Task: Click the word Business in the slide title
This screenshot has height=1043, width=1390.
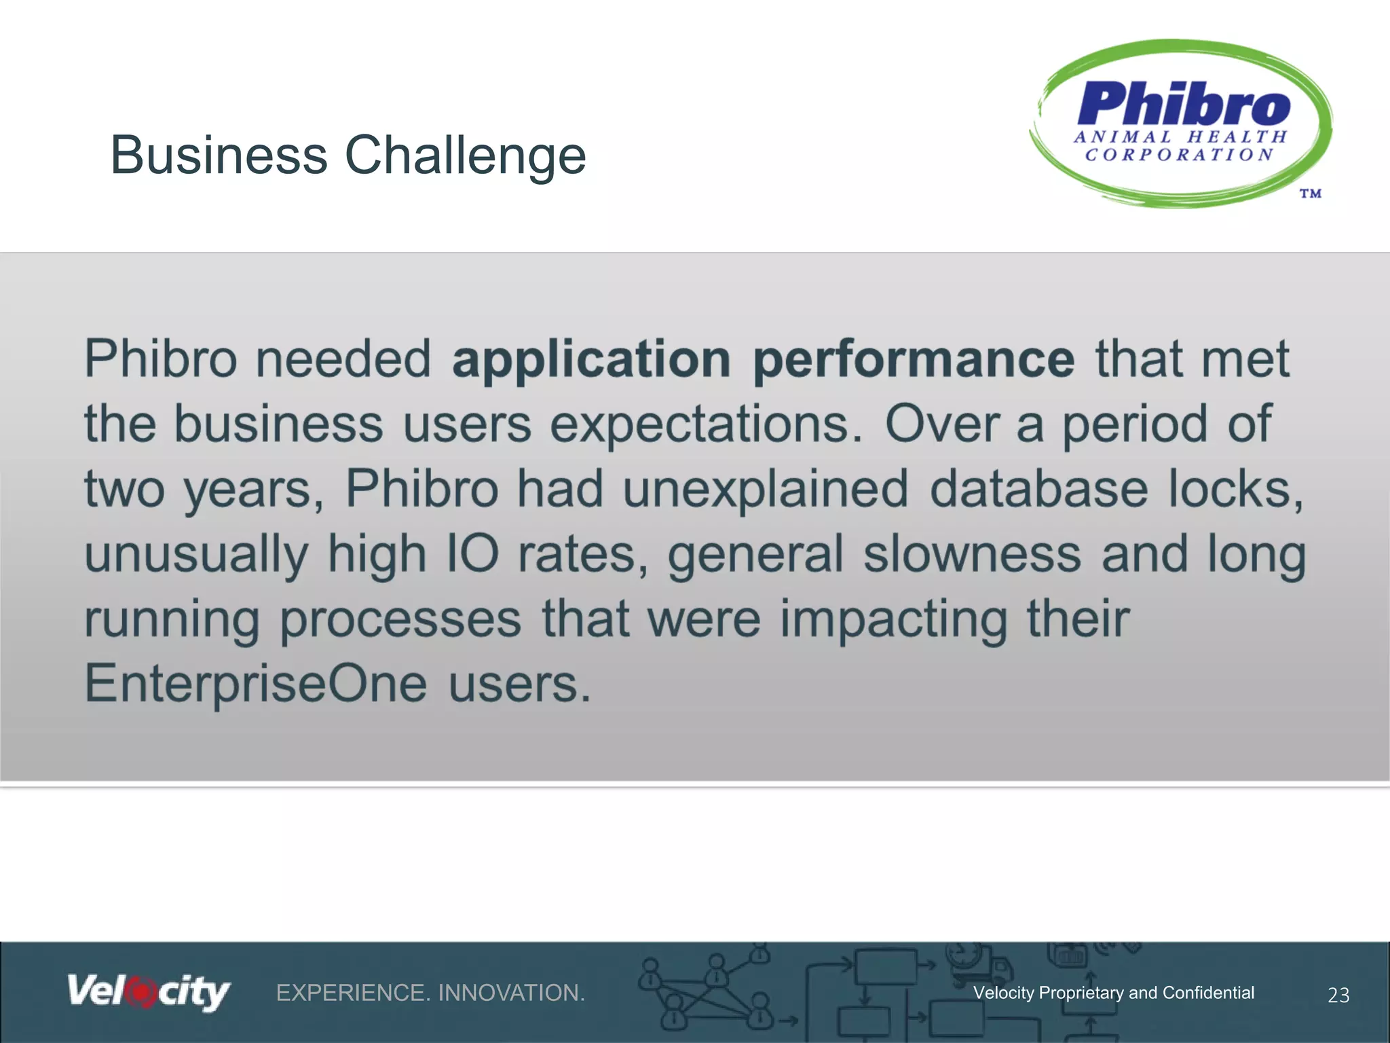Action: (219, 155)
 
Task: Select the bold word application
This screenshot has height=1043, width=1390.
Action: (591, 360)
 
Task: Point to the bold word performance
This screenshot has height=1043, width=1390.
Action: (914, 360)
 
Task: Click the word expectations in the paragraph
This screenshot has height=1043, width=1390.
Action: (706, 425)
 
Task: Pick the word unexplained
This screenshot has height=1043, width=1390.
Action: (765, 489)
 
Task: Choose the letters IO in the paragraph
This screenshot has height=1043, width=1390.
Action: (472, 553)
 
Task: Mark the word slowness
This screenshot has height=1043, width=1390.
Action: (972, 553)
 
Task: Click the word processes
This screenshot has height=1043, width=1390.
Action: (400, 619)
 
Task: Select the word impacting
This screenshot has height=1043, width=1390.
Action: (894, 619)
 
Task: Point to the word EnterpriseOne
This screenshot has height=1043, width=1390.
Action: (256, 684)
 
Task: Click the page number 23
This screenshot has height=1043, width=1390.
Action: (1338, 995)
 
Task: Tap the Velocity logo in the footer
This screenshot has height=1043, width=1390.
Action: (148, 992)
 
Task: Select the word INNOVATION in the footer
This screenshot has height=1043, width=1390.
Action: (511, 993)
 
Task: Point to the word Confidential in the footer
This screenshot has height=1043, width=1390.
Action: (1208, 993)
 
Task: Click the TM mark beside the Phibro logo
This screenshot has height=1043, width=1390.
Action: (1311, 194)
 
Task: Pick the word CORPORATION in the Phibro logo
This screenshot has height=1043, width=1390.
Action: (1179, 155)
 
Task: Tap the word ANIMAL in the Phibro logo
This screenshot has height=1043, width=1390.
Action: (1123, 137)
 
